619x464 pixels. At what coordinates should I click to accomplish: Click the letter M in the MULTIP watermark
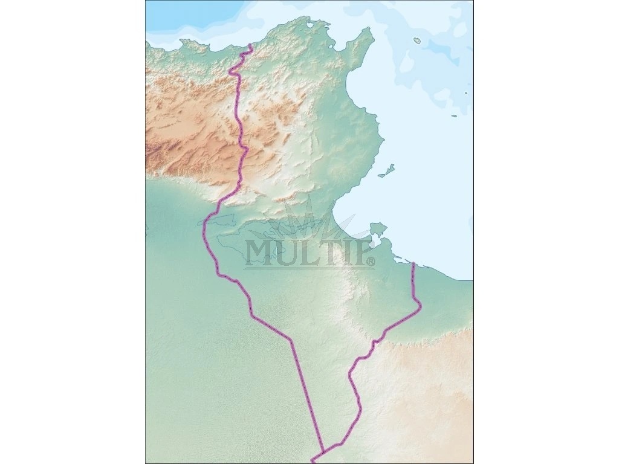(x=260, y=253)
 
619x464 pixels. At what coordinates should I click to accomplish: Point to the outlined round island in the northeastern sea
(x=417, y=40)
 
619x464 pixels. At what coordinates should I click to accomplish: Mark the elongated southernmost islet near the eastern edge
(x=454, y=115)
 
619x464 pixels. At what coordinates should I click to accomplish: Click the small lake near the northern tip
(x=310, y=25)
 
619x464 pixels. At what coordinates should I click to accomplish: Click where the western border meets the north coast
(x=250, y=45)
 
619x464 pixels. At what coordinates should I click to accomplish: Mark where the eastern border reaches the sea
(x=413, y=264)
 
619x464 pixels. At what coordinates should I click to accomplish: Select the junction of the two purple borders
(x=324, y=451)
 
